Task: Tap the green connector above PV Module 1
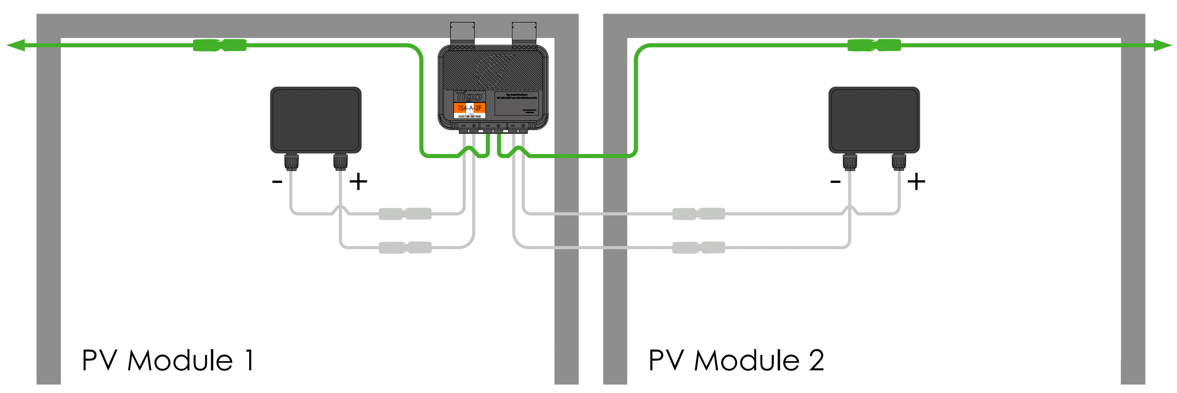[220, 45]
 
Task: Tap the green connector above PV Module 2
[874, 45]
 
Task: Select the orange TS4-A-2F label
[469, 108]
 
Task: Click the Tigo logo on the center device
[469, 96]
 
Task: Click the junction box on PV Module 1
[316, 120]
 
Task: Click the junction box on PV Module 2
[874, 120]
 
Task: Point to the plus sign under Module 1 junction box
[358, 182]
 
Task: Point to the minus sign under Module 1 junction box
[277, 182]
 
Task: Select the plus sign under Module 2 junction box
[916, 182]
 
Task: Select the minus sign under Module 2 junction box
[835, 182]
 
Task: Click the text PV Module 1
[168, 361]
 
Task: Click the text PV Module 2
[736, 361]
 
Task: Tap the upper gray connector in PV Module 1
[405, 213]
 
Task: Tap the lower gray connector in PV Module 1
[405, 247]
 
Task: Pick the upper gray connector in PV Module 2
[698, 213]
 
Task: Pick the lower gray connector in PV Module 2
[698, 247]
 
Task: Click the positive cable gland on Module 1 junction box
[340, 162]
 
